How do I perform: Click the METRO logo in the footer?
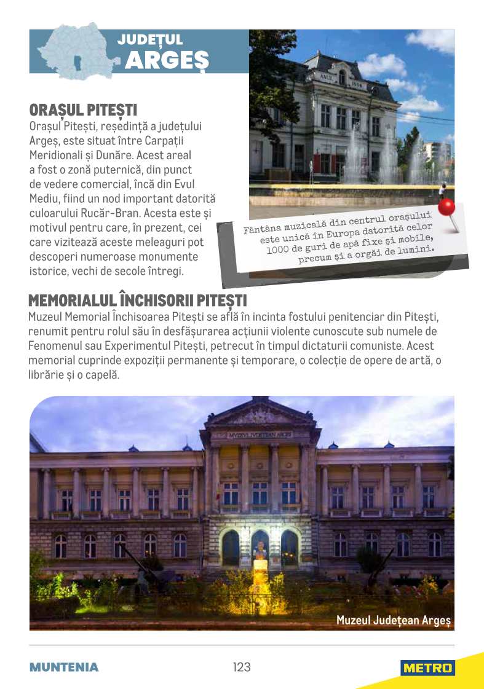pyautogui.click(x=427, y=667)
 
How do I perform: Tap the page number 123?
pyautogui.click(x=242, y=667)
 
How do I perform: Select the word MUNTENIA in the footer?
pyautogui.click(x=64, y=667)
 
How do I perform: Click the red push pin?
pyautogui.click(x=448, y=209)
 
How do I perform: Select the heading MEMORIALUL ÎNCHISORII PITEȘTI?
pyautogui.click(x=138, y=301)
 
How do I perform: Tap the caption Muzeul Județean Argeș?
pyautogui.click(x=393, y=620)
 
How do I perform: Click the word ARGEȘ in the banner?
pyautogui.click(x=167, y=60)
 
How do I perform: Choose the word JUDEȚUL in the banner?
pyautogui.click(x=151, y=40)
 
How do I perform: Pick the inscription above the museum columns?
pyautogui.click(x=260, y=435)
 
